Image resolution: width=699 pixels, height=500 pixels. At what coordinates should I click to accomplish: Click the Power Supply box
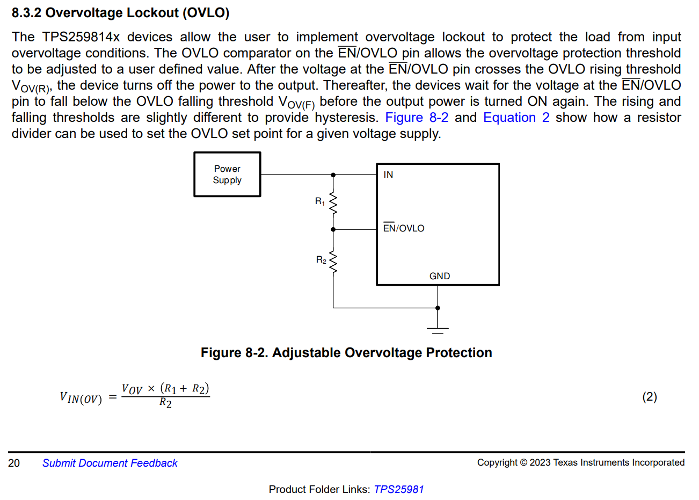[x=227, y=175]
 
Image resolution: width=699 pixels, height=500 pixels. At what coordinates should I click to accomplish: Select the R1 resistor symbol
[x=333, y=203]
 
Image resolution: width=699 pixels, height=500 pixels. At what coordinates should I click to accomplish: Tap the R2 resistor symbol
[x=333, y=262]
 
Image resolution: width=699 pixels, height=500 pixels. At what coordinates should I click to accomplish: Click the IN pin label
[x=388, y=175]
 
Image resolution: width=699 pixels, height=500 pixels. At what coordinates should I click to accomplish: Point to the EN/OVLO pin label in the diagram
[x=404, y=228]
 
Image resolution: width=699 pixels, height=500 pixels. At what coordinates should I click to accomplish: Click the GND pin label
[x=440, y=276]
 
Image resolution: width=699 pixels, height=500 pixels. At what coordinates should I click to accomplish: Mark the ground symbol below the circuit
[x=438, y=329]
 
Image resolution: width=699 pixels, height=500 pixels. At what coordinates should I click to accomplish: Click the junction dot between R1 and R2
[x=333, y=229]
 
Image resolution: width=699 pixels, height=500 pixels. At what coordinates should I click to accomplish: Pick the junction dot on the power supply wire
[x=333, y=175]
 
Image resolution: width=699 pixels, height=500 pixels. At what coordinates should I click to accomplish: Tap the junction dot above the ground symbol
[x=438, y=308]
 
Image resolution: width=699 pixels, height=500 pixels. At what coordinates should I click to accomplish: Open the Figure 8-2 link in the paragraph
[x=417, y=118]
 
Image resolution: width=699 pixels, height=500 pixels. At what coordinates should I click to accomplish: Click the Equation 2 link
[x=516, y=118]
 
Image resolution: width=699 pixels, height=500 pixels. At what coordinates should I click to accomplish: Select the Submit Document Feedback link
[x=110, y=463]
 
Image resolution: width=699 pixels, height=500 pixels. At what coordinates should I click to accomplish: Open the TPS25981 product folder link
[x=399, y=489]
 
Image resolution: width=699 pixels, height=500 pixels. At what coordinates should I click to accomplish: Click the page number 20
[x=14, y=463]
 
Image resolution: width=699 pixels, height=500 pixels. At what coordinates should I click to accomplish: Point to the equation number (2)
[x=650, y=396]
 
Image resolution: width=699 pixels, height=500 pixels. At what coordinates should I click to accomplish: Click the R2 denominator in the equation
[x=165, y=403]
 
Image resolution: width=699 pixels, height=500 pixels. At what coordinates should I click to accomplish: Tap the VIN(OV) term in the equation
[x=81, y=398]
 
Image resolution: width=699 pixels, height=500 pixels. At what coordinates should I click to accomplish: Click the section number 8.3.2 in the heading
[x=26, y=13]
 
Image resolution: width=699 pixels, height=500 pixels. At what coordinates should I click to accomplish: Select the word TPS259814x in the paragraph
[x=81, y=37]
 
